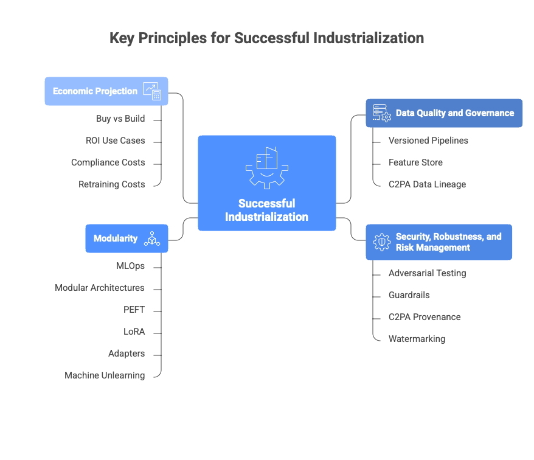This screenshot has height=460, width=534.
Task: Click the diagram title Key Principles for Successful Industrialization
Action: tap(266, 38)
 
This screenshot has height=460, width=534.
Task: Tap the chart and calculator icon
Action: tap(152, 91)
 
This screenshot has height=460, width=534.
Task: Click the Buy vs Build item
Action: tap(120, 119)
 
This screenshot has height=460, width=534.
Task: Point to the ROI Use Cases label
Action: tap(115, 141)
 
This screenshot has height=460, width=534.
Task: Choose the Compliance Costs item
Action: tap(108, 162)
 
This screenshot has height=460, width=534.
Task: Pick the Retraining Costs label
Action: tap(111, 184)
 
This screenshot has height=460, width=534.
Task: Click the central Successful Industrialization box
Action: tap(266, 183)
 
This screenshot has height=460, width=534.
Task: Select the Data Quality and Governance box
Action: tap(444, 113)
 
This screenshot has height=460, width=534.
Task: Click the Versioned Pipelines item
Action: tap(428, 141)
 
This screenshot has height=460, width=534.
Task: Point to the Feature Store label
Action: tap(415, 162)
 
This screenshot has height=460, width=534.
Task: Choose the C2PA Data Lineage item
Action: tap(427, 184)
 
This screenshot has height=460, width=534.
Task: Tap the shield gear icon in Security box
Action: tap(381, 242)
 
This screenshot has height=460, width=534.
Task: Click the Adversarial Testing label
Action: tap(427, 273)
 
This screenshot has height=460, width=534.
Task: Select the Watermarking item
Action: tap(417, 339)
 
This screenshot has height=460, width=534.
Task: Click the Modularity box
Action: tap(127, 239)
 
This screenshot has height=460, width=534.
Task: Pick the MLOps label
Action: tap(130, 266)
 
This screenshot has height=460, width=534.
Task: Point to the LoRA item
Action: tap(134, 332)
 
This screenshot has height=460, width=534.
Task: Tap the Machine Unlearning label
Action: tap(105, 376)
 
